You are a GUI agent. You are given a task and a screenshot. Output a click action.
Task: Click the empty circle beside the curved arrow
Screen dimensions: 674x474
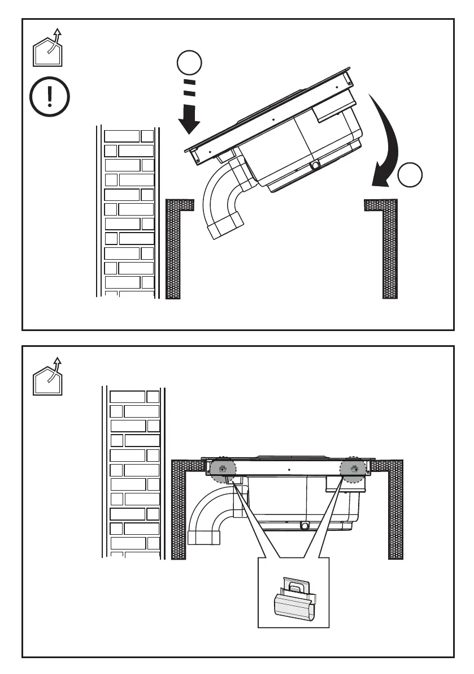[x=410, y=176]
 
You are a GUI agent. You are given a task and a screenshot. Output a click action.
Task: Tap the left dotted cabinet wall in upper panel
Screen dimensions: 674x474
[x=173, y=249]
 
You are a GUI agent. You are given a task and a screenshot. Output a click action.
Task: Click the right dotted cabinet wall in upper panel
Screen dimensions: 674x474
[x=389, y=249]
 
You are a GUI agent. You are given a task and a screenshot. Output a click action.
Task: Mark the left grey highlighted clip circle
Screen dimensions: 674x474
[x=223, y=469]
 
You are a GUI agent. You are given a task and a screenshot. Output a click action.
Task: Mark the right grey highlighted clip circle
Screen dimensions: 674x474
[x=354, y=469]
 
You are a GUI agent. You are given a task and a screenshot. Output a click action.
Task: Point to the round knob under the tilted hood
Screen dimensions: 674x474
[x=315, y=166]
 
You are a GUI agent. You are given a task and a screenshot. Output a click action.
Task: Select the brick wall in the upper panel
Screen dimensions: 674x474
[x=129, y=212]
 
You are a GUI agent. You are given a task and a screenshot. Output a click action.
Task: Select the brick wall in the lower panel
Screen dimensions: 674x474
[x=134, y=473]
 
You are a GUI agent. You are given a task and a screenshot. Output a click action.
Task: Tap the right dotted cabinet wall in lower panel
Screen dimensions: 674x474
[x=395, y=509]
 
